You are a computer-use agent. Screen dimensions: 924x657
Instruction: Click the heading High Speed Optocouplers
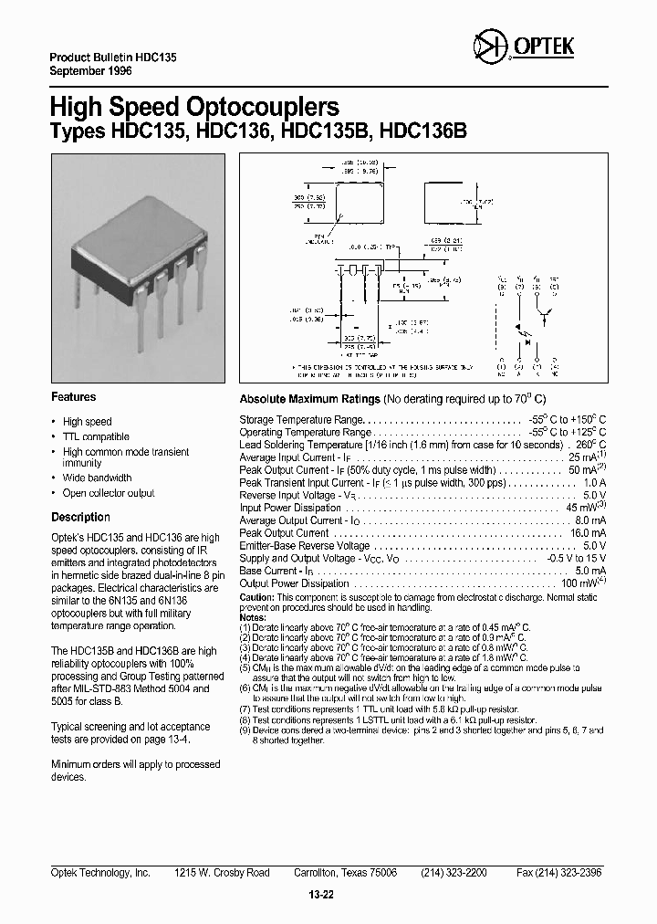[x=194, y=106]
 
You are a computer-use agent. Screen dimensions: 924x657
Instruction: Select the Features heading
[x=73, y=397]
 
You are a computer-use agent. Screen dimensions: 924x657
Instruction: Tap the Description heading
[x=80, y=517]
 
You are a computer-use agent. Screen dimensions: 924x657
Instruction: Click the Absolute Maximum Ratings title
[x=309, y=399]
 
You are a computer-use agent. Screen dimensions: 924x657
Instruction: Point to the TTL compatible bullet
[x=96, y=437]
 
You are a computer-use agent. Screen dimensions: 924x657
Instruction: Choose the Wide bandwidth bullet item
[x=97, y=478]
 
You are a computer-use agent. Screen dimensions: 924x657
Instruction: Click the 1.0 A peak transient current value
[x=593, y=482]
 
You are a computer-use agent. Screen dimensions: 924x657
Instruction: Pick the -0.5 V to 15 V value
[x=573, y=558]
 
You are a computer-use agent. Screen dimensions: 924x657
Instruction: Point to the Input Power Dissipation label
[x=291, y=508]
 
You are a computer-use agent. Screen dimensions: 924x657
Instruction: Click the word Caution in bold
[x=256, y=596]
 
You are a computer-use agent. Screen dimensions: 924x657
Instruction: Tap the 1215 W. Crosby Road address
[x=222, y=873]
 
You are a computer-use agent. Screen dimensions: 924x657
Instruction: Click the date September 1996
[x=90, y=69]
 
